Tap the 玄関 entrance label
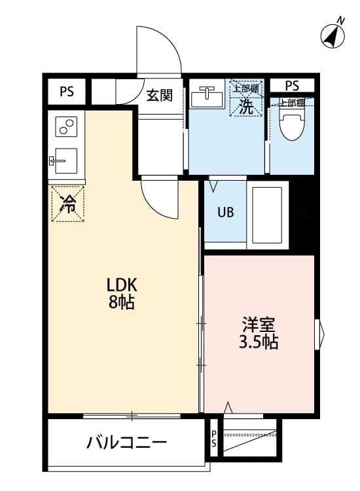(159, 96)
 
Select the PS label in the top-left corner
(66, 92)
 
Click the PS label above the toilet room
(292, 85)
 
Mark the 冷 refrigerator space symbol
(67, 204)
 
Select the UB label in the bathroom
(225, 213)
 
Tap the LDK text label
(122, 286)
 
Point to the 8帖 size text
(122, 303)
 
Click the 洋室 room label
(260, 325)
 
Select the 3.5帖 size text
(260, 342)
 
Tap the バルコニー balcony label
(126, 443)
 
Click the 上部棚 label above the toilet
(292, 103)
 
